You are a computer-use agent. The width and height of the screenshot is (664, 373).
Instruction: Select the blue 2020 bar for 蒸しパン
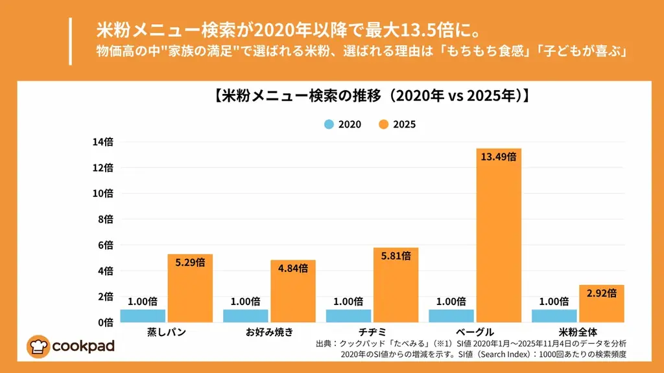(143, 315)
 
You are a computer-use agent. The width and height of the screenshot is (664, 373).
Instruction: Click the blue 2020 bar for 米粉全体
(554, 315)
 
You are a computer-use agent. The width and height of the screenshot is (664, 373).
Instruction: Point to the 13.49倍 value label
(499, 157)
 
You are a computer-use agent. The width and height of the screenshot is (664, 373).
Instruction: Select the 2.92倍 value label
(601, 293)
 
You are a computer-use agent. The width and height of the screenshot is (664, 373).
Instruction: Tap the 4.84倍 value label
(293, 269)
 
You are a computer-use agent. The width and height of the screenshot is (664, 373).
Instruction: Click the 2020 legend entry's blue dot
(329, 124)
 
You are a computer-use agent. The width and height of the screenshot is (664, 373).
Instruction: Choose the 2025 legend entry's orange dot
(383, 124)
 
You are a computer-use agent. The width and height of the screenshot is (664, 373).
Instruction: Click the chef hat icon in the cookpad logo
(38, 346)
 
